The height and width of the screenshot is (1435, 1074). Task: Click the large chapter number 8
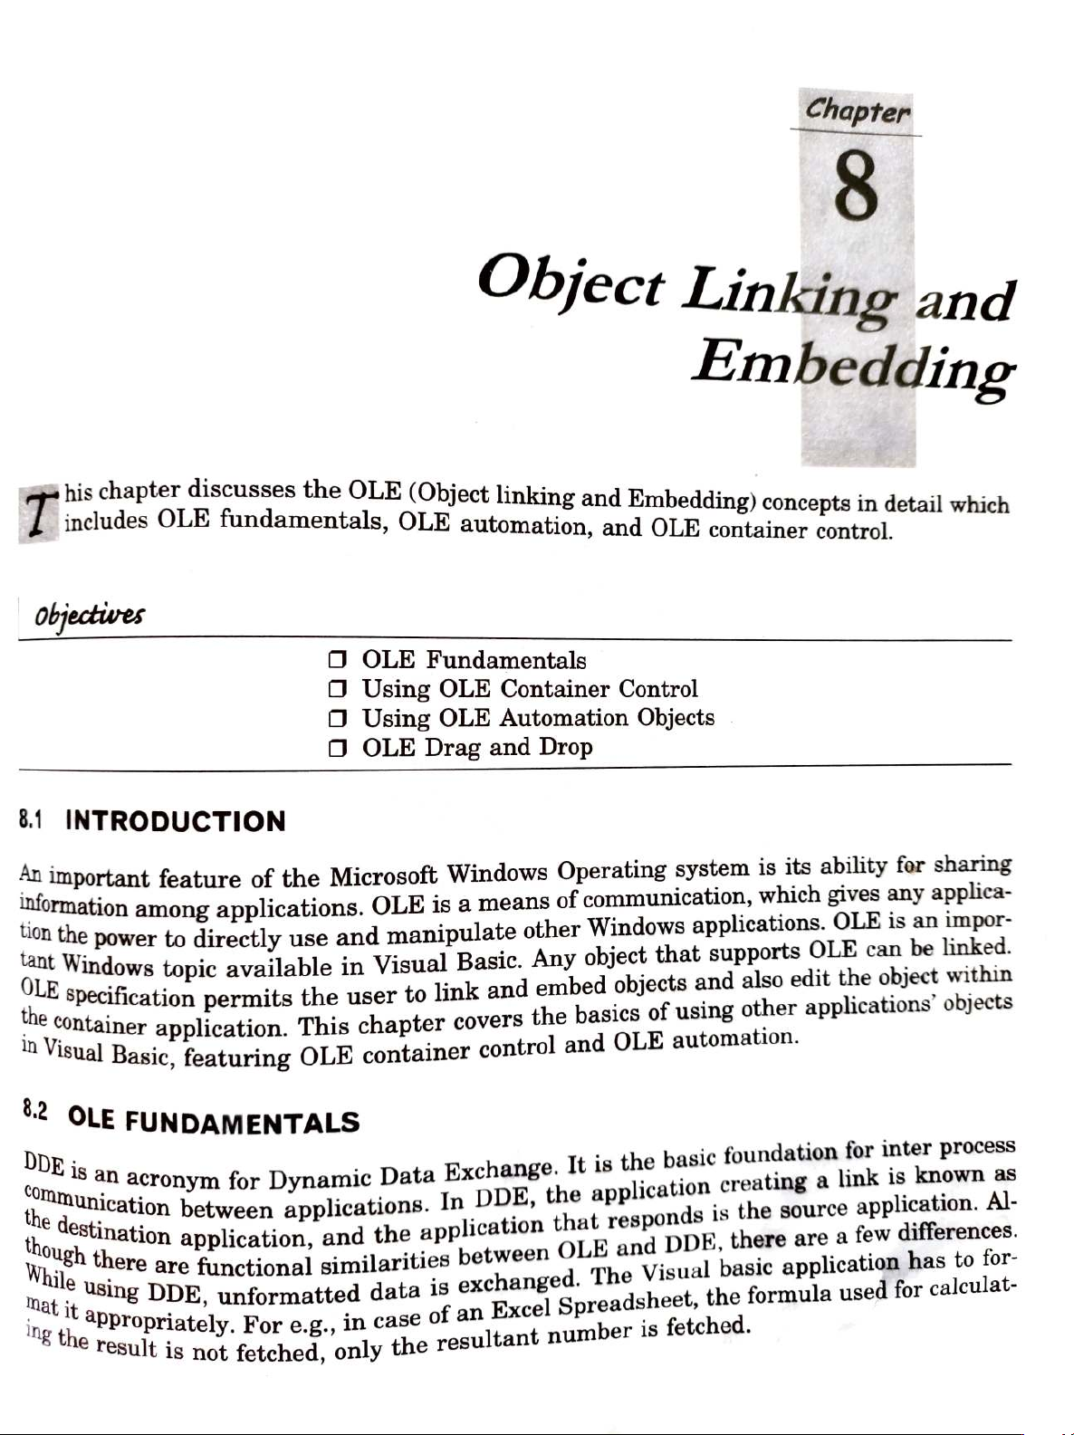[x=856, y=186]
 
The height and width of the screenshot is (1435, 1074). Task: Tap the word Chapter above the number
[x=858, y=110]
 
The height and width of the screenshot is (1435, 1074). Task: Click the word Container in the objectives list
[x=555, y=689]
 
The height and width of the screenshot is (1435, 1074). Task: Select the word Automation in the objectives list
[x=563, y=718]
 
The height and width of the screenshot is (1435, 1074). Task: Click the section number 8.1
[x=32, y=820]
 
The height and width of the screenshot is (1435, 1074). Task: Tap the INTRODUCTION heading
[x=176, y=821]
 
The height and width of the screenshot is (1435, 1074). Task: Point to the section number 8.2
[x=35, y=1109]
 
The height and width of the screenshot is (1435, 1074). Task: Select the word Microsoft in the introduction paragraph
[x=383, y=876]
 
